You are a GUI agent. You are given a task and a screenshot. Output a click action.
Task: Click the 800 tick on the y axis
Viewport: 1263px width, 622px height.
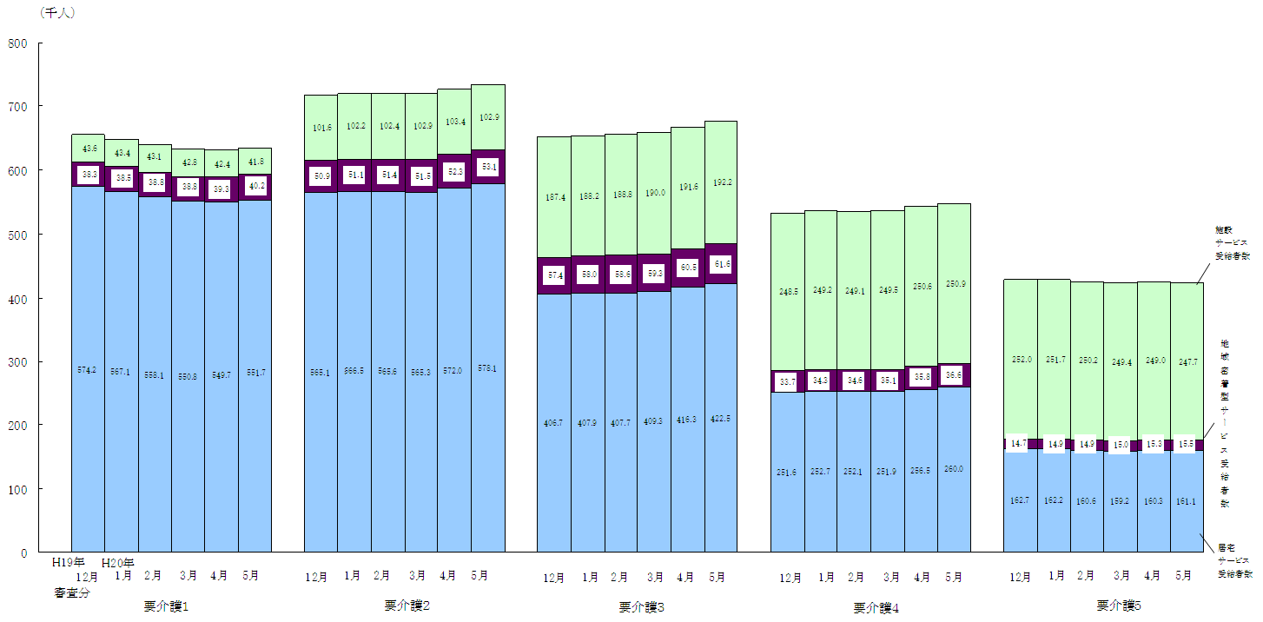18,43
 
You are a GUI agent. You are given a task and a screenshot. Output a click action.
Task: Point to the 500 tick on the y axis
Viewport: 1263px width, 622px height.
18,235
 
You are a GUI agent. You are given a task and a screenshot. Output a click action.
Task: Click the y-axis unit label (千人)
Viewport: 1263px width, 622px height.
57,13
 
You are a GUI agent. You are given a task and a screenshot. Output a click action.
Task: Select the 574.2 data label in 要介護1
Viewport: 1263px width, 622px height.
88,370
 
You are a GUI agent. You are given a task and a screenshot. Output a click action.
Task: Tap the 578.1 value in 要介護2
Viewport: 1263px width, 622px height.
488,369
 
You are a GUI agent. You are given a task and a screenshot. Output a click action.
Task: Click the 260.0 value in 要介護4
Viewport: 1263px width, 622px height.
954,469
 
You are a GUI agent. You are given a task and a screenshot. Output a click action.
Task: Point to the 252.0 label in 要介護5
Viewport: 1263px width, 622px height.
1021,360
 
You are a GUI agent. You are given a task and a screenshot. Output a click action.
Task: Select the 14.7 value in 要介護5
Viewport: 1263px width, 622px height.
1016,443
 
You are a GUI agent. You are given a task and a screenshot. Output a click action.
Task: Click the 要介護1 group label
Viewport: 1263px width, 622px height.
166,605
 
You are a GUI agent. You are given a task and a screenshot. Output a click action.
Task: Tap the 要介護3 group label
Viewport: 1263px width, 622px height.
642,607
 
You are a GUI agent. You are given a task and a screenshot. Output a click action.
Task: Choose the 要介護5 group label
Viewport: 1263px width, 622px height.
1118,605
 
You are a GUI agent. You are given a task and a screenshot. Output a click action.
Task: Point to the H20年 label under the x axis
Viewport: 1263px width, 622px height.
118,563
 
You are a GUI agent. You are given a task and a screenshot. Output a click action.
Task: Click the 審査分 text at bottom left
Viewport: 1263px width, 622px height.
73,592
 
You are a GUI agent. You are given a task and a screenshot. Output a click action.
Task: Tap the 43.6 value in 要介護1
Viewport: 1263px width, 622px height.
88,149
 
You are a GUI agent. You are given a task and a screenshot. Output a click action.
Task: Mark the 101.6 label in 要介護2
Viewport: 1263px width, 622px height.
321,128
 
